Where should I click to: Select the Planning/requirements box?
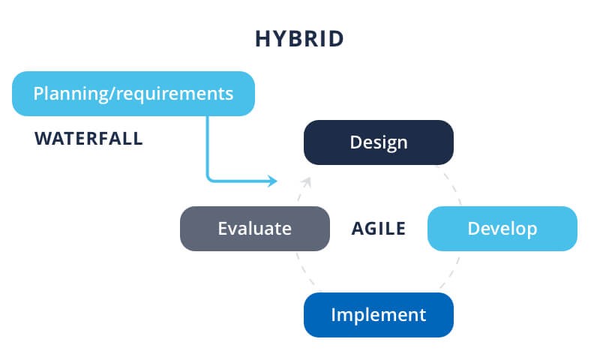[133, 94]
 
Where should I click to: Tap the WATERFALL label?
[88, 139]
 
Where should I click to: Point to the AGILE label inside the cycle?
[379, 229]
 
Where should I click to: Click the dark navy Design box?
[378, 142]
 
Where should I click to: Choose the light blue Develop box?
[502, 229]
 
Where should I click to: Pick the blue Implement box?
[378, 314]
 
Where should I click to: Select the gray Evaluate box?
[254, 229]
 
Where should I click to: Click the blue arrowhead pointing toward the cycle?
[273, 181]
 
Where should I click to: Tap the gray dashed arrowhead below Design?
[307, 181]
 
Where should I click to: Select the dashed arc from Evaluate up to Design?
[299, 196]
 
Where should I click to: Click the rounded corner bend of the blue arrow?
[210, 178]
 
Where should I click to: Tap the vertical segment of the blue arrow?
[208, 146]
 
